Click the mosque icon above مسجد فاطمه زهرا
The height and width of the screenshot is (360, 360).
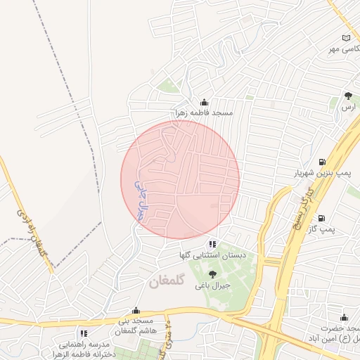coord(205,102)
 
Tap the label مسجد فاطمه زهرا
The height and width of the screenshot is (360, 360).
coord(205,112)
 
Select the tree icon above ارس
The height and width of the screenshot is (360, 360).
coord(348,96)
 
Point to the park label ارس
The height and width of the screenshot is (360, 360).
coord(347,107)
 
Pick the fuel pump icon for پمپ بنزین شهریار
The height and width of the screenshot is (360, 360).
coord(322,162)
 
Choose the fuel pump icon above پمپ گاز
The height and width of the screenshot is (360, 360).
coord(321,219)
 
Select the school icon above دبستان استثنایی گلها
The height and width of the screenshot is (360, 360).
coord(212,244)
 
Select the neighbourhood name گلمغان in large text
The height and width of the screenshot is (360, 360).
coord(166,281)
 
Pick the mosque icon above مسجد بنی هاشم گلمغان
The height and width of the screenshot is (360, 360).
coord(136,309)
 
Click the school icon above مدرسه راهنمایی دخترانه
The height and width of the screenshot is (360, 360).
coord(83,333)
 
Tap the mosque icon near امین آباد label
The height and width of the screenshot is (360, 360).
coord(344,318)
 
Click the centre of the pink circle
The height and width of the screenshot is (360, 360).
coord(180,179)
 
